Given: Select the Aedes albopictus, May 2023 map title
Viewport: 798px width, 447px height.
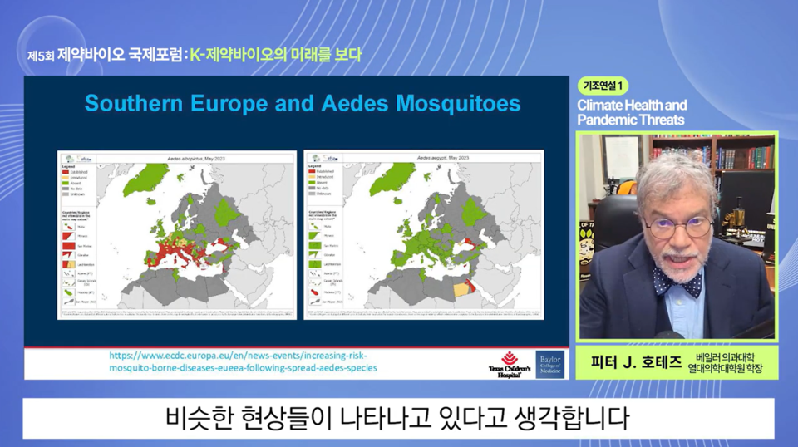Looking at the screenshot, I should point(195,156).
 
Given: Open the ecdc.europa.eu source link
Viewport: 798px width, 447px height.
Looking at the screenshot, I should point(243,361).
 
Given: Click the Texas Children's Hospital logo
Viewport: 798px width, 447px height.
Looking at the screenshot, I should point(509,364).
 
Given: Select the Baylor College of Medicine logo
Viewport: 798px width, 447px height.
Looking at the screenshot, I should point(549,364).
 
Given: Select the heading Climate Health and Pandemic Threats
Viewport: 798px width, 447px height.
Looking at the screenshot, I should point(632,112).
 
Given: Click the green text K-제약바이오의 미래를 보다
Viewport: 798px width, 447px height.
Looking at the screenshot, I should point(276,56).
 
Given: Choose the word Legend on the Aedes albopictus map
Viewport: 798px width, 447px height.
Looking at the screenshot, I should point(70,165).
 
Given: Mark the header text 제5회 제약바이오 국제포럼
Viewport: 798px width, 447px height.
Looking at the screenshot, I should point(104,56).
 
